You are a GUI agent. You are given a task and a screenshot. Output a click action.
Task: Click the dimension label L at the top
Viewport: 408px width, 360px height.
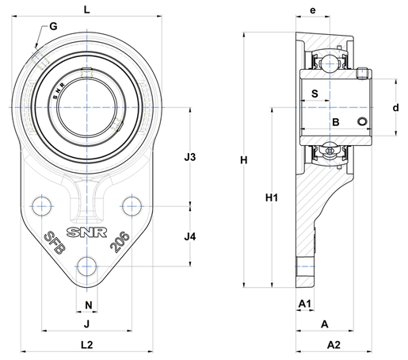click(x=86, y=10)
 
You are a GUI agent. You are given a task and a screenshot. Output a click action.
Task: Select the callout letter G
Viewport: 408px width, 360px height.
click(x=53, y=26)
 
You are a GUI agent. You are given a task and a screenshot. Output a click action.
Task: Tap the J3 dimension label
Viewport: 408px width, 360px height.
click(x=190, y=157)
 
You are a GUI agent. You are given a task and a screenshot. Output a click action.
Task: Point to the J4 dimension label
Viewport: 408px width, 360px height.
click(x=190, y=237)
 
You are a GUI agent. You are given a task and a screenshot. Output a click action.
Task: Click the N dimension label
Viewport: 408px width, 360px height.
click(x=89, y=305)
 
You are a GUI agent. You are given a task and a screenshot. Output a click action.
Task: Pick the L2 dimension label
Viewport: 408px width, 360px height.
click(x=86, y=345)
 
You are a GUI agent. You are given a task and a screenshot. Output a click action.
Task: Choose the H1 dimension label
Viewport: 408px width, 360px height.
click(x=272, y=197)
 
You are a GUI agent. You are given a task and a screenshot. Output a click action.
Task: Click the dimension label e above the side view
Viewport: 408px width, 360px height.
click(x=313, y=10)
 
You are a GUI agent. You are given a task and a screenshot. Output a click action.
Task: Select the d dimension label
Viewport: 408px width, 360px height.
click(x=395, y=108)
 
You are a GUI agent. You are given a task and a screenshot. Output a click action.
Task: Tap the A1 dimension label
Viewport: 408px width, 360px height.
click(x=305, y=304)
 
